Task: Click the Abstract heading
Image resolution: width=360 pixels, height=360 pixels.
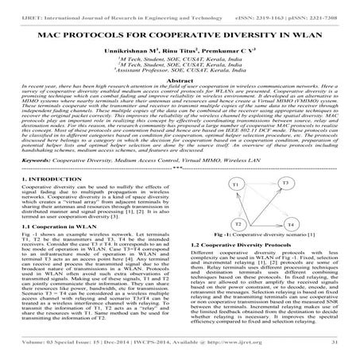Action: pos(180,80)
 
